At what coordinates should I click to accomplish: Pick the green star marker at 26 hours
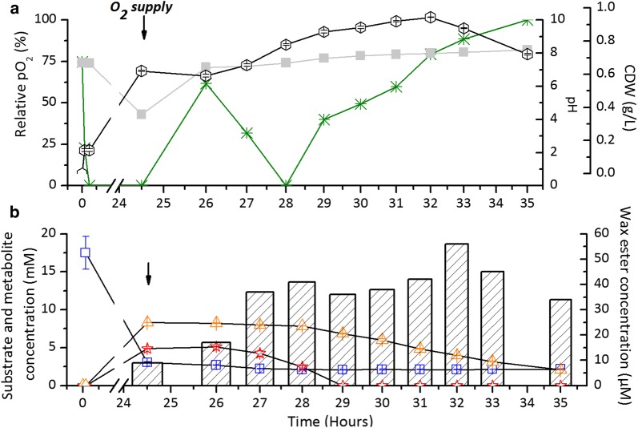206,83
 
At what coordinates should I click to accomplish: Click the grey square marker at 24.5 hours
142,115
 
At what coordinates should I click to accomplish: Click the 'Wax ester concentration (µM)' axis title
625,297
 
